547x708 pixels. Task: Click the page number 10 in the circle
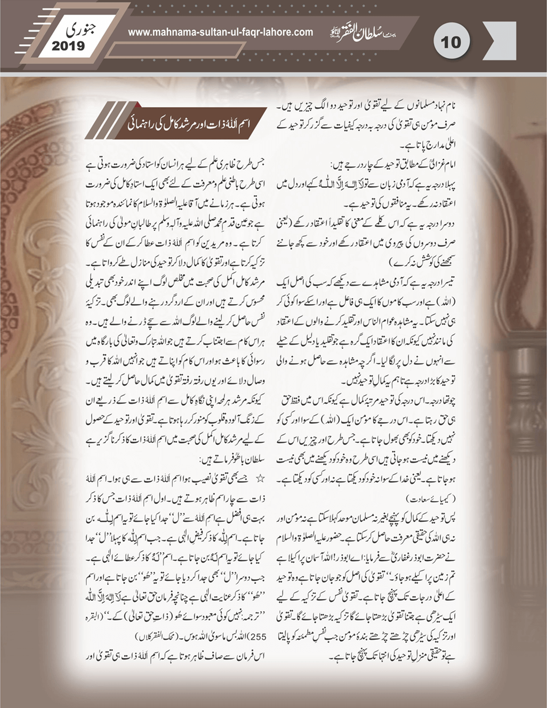pos(449,42)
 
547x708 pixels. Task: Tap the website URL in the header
pos(220,32)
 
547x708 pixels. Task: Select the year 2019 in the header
pos(68,46)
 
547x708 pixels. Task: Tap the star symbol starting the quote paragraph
pos(261,479)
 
